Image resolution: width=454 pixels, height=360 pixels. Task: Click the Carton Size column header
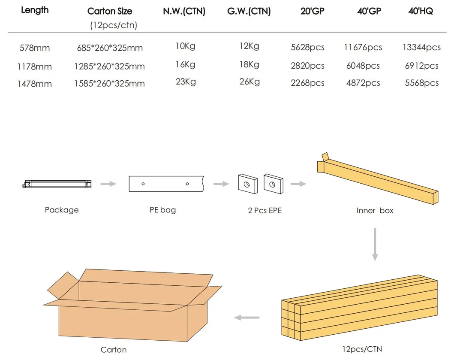[110, 11]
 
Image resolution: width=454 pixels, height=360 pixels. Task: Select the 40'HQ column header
[421, 11]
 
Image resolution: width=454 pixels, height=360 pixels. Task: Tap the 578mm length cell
[35, 48]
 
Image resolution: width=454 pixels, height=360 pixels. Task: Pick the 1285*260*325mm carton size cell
[109, 67]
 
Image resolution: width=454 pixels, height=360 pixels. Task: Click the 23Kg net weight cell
[185, 81]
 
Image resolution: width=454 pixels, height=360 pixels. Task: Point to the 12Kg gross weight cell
[249, 46]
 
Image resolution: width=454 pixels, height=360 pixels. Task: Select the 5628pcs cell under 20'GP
[307, 48]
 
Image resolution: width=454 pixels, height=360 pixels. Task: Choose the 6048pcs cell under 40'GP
[363, 66]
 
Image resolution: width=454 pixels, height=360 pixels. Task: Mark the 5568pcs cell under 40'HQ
[422, 83]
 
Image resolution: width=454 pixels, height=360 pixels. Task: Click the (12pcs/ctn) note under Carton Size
[113, 25]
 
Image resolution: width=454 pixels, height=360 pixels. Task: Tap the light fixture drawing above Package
[58, 184]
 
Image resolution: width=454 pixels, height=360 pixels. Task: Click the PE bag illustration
[165, 184]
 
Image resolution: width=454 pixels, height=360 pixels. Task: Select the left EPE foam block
[248, 183]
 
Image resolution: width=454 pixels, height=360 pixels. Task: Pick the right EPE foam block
[273, 183]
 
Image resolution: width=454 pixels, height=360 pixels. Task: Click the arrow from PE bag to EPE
[222, 184]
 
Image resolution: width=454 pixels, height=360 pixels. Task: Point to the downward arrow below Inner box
[375, 245]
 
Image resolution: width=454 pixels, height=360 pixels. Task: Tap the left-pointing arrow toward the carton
[247, 318]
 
